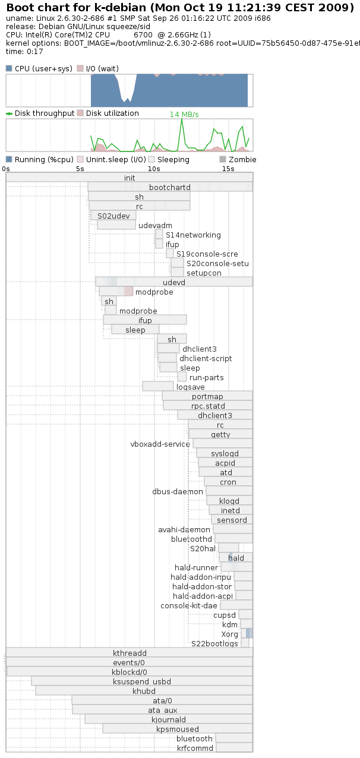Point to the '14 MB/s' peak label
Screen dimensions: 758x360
184,114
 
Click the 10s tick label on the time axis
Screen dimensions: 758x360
154,169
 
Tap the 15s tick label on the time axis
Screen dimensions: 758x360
228,169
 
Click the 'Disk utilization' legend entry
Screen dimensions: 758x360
112,113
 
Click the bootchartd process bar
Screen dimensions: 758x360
170,187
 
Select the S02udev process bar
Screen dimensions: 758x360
113,216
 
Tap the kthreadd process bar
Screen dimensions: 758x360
130,653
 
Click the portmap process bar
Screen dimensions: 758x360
207,396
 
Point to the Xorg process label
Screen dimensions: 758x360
230,634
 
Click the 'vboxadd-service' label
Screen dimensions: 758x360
160,444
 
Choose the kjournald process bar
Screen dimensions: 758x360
169,719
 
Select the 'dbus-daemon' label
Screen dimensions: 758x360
178,491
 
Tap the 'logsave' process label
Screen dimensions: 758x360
191,387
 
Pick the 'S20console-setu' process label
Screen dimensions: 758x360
217,263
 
